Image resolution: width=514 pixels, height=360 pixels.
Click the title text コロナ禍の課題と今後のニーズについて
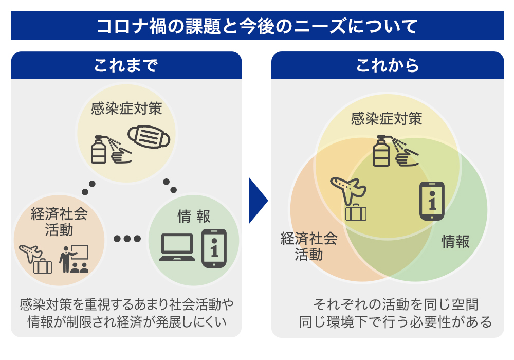pos(257,26)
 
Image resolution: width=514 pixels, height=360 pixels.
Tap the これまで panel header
pos(126,65)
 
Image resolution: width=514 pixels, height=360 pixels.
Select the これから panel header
pos(388,65)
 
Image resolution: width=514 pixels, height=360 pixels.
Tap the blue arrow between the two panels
pos(258,201)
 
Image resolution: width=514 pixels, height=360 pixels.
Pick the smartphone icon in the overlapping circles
pos(432,201)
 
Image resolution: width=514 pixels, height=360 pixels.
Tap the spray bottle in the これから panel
pos(381,151)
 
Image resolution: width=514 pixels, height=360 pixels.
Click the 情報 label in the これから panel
pos(455,241)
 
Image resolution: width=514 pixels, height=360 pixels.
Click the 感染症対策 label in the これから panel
pos(387,119)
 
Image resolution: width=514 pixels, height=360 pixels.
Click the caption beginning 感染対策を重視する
pos(126,313)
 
